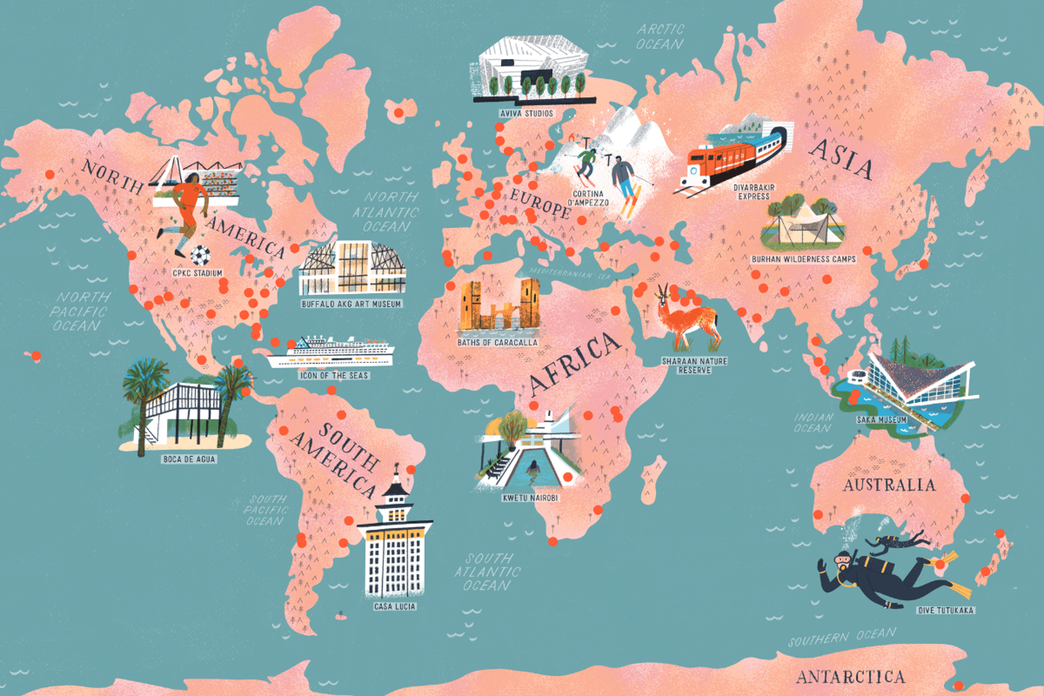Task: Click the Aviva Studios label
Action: pos(526,114)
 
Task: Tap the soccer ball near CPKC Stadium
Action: pos(201,255)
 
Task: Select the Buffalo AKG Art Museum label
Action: pos(351,304)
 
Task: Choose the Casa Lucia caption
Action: pos(394,606)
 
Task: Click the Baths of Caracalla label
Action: pos(497,343)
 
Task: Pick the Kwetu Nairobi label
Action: pos(530,498)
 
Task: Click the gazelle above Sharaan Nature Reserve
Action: pos(686,319)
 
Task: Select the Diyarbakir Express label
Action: pos(754,192)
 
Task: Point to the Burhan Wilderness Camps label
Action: pos(803,259)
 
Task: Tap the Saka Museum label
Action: pos(881,420)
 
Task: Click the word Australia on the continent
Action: pos(889,485)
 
